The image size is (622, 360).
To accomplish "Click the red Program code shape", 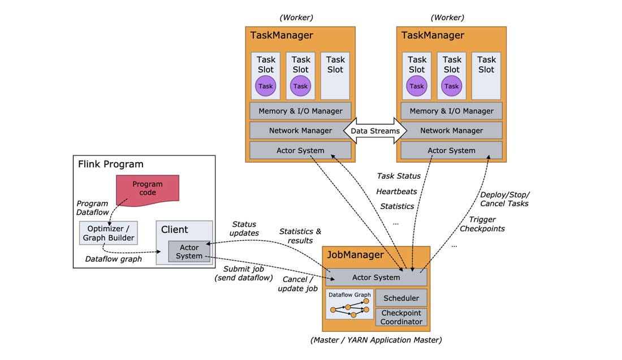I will pos(148,189).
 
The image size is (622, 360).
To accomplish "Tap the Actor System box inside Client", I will pos(189,251).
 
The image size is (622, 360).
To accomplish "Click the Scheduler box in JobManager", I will pos(401,298).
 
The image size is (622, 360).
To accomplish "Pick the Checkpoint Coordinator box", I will pos(401,317).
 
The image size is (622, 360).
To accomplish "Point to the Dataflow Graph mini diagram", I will pos(349,305).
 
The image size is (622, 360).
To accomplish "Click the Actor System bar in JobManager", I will pos(376,277).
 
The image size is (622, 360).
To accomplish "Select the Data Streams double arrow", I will pos(375,131).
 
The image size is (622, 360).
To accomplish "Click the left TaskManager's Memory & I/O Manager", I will pos(300,111).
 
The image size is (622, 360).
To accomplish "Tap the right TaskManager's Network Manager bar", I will pos(451,131).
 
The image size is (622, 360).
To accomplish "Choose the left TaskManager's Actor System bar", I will pos(300,150).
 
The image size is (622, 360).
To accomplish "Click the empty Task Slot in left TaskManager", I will pos(335,76).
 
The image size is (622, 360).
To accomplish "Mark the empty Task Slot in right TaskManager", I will pos(486,76).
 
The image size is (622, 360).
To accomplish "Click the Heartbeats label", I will pos(396,192).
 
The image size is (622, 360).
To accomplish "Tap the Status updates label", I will pos(244,228).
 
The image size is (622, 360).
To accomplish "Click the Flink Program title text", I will pos(110,164).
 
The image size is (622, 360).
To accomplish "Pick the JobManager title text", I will pos(355,255).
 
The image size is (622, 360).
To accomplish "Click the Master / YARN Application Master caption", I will pos(376,340).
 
